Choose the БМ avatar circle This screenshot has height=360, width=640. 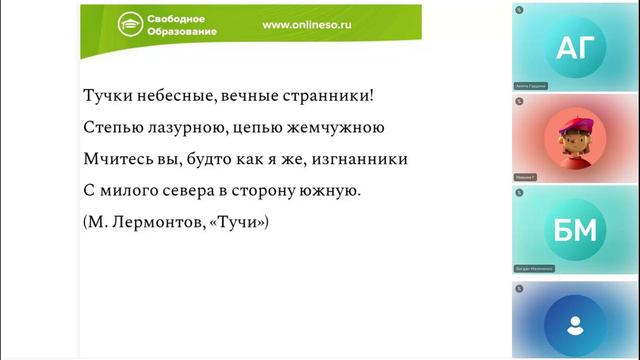[574, 230]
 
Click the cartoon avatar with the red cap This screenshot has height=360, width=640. [574, 138]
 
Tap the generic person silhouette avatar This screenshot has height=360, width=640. [574, 324]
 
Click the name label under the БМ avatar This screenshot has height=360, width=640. [536, 269]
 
